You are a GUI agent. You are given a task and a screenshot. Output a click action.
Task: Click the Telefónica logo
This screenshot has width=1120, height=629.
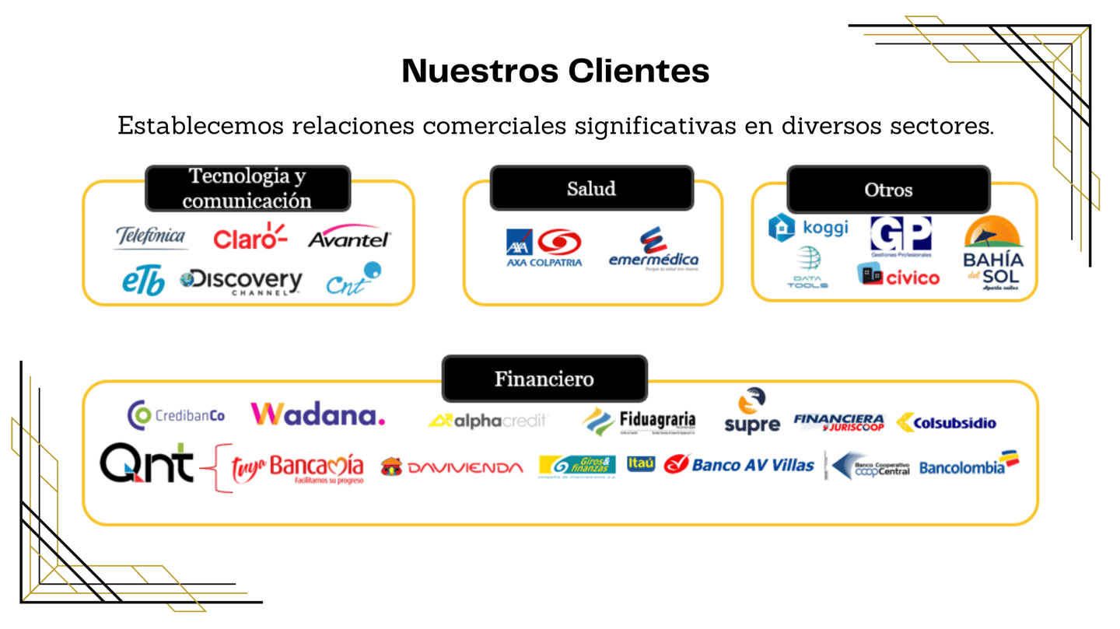click(151, 237)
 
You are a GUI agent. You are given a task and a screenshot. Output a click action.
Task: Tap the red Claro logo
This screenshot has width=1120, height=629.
click(250, 237)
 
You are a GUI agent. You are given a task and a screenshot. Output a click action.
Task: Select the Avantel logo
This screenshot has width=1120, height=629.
click(349, 238)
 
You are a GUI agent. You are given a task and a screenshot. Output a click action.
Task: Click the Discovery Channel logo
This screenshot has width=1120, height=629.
click(241, 281)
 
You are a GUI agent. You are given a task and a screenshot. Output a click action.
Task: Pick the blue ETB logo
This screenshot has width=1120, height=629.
click(143, 282)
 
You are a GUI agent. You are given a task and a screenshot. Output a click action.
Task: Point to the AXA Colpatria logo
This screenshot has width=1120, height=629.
click(544, 248)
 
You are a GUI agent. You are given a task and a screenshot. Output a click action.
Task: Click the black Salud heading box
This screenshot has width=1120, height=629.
click(591, 188)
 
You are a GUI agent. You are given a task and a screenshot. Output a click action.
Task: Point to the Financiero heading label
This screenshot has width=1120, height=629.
click(544, 379)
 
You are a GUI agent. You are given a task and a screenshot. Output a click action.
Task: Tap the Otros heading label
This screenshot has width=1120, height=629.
click(888, 190)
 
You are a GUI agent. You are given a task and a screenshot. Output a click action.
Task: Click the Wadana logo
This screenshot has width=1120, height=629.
click(318, 414)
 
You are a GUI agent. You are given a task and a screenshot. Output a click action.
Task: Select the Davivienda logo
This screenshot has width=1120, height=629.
click(452, 467)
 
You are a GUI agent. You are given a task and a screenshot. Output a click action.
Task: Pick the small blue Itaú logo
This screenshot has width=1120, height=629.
click(641, 463)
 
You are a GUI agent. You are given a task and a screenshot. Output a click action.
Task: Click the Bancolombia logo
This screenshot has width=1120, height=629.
click(968, 465)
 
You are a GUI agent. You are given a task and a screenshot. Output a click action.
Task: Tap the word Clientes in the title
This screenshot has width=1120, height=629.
click(639, 71)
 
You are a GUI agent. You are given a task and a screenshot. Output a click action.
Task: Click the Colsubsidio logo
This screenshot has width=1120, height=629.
click(946, 423)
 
